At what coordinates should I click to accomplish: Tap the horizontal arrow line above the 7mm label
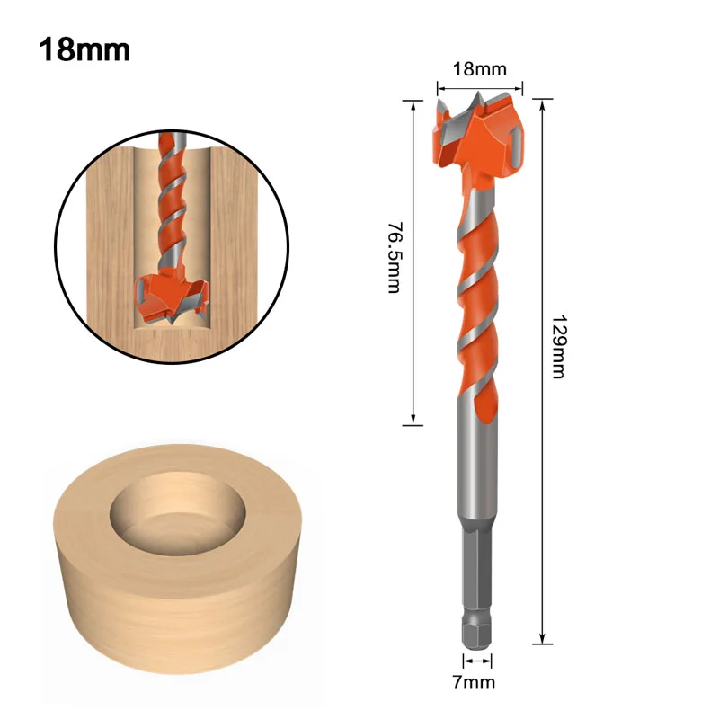[x=477, y=661]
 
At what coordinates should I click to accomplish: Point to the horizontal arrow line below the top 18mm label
[x=479, y=87]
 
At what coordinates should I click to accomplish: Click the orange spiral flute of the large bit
[x=476, y=297]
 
